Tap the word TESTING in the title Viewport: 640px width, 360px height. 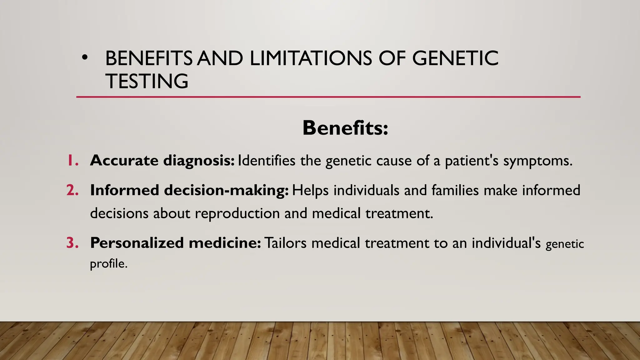(x=147, y=81)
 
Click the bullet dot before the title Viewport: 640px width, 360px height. (x=84, y=57)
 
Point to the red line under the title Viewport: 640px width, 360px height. (x=328, y=97)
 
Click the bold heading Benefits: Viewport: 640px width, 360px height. (x=345, y=128)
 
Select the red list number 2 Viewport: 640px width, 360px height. (x=72, y=190)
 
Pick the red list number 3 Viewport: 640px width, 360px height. (x=72, y=243)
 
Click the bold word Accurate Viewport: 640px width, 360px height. (x=124, y=161)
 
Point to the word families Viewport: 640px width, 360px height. (x=455, y=190)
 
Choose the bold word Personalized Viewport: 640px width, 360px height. (x=137, y=243)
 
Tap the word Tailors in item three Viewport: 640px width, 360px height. (x=286, y=243)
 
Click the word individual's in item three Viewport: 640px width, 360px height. (x=506, y=243)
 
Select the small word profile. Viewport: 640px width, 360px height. (x=108, y=264)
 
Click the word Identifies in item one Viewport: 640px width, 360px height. (x=267, y=161)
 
